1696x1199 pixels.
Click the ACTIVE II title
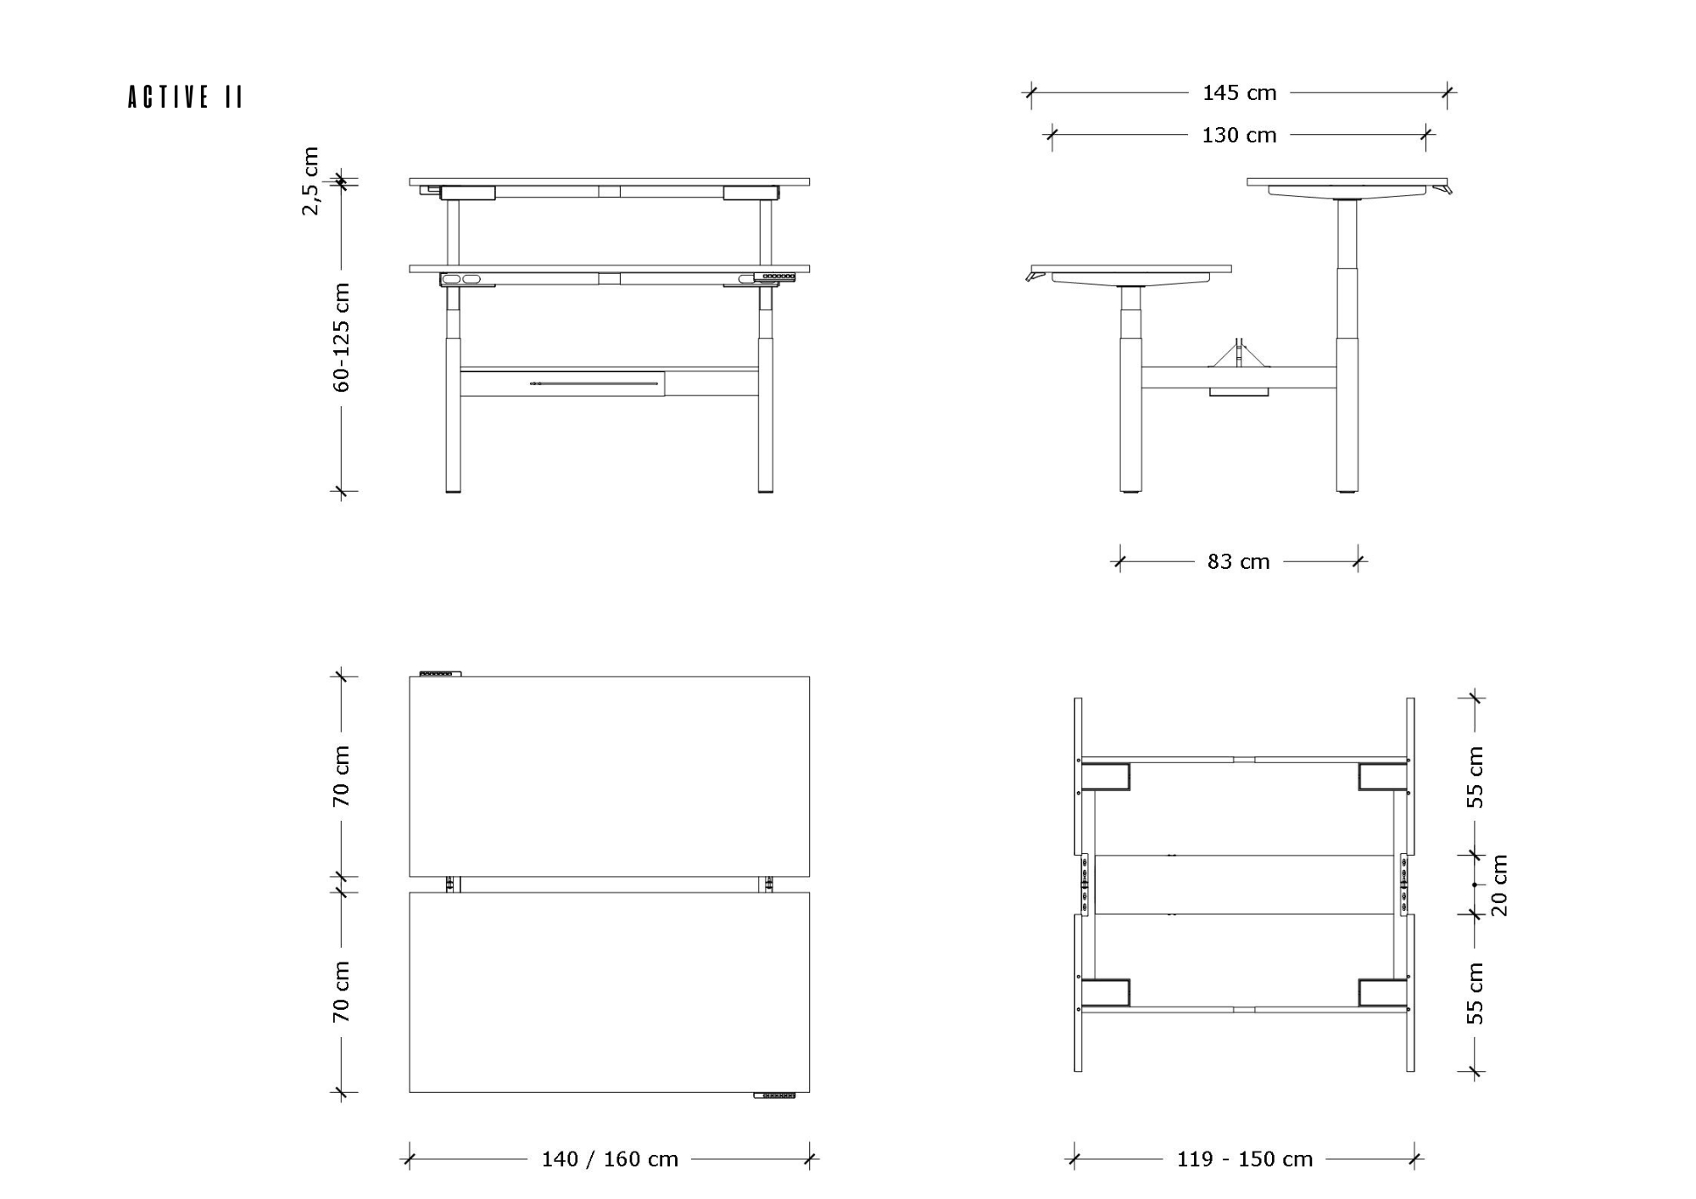pos(186,97)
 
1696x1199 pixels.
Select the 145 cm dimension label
pos(1239,92)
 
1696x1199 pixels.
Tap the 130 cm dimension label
pos(1239,135)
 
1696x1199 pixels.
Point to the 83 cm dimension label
pos(1238,561)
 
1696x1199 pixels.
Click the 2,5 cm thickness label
pos(310,181)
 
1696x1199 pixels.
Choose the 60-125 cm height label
pos(341,337)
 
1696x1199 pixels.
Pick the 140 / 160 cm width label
pos(610,1159)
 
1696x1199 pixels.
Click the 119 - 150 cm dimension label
pos(1244,1159)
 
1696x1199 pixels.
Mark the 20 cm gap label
pos(1499,885)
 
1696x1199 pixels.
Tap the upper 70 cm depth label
pos(341,776)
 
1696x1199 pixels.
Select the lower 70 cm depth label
pos(341,991)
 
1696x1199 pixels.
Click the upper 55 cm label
pos(1476,777)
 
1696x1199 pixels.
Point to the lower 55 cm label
pos(1476,993)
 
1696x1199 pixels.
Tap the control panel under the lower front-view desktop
pos(768,277)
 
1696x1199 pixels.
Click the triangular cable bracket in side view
pos(1239,354)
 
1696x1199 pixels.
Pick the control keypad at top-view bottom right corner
pos(775,1096)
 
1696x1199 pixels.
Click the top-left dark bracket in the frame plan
pos(1105,777)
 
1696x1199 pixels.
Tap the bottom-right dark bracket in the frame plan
pos(1382,993)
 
